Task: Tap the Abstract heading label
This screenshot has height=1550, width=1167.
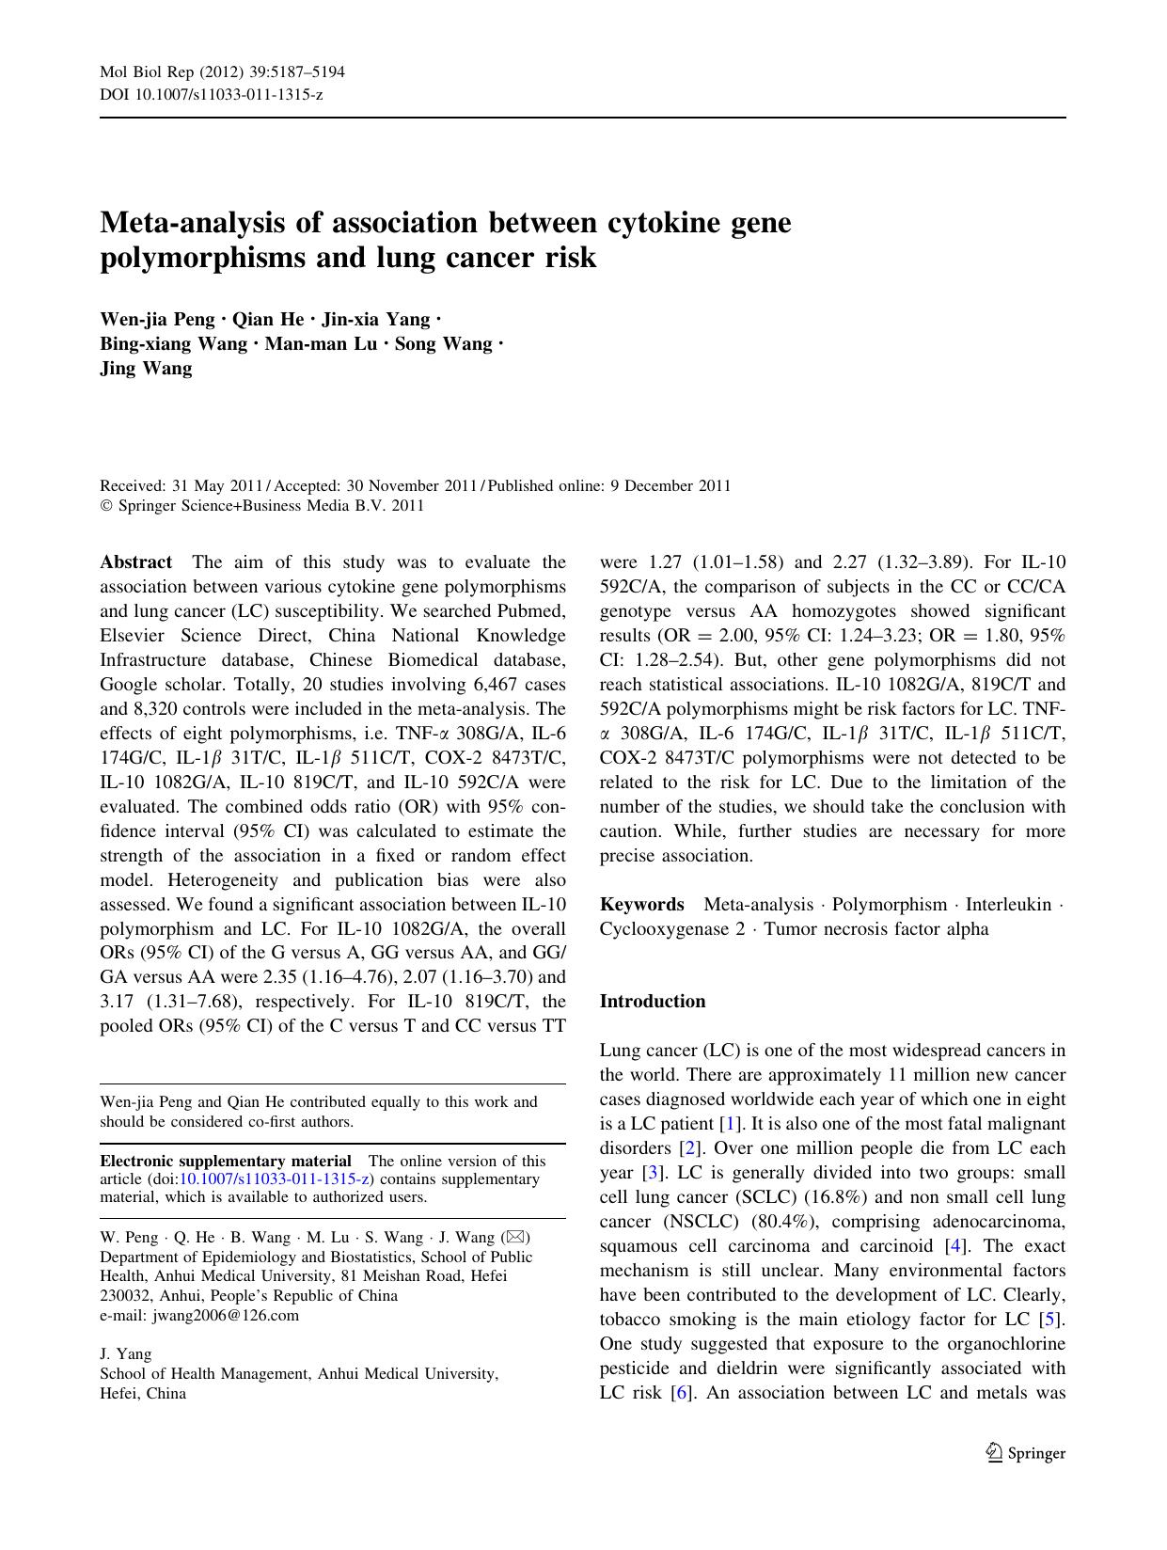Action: click(136, 562)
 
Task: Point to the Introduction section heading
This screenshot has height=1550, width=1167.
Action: click(653, 1002)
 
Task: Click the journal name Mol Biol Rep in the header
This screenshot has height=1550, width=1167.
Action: click(142, 71)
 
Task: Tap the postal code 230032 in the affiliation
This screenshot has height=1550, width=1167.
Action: click(124, 1295)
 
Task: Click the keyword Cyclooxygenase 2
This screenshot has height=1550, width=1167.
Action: click(672, 929)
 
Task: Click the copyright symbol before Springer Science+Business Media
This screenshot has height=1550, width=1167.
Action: click(105, 506)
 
